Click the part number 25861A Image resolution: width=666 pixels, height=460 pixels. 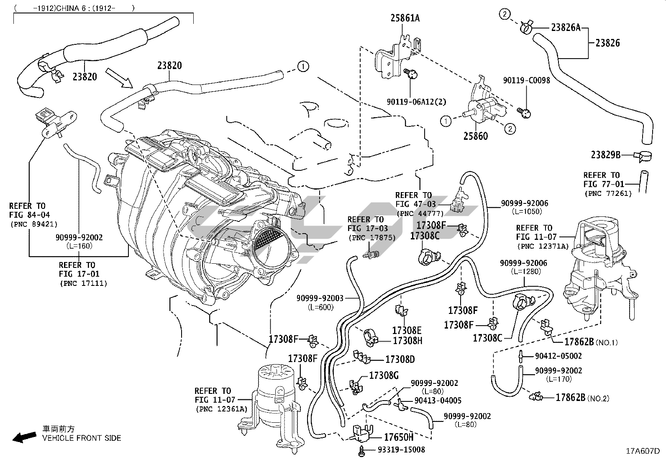(x=405, y=18)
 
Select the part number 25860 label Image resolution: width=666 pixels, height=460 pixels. (x=475, y=136)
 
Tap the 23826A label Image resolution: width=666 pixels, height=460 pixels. (x=566, y=28)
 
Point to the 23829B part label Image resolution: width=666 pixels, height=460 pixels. (x=605, y=154)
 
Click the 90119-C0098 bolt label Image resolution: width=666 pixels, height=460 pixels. (x=526, y=80)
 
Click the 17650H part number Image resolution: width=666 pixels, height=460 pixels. (x=399, y=437)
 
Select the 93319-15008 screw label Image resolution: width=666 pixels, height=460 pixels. (x=401, y=450)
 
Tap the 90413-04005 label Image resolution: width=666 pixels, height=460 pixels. (x=438, y=401)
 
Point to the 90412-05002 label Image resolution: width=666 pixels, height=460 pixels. (x=558, y=356)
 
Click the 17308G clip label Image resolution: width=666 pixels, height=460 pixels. (x=384, y=375)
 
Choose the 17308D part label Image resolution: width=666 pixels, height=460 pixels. (x=400, y=359)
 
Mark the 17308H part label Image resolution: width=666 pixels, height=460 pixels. (x=407, y=341)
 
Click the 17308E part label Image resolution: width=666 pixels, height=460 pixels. (x=407, y=330)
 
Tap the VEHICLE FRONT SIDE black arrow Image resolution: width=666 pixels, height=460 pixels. (x=24, y=438)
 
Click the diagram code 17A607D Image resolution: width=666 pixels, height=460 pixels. (x=643, y=451)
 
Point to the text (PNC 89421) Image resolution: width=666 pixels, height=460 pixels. (x=33, y=224)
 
